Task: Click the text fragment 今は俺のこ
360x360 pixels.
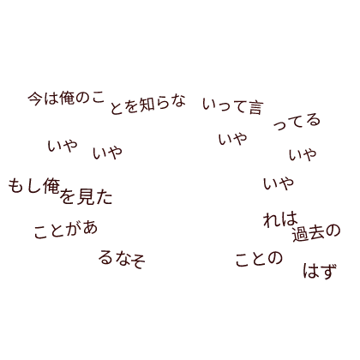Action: [66, 99]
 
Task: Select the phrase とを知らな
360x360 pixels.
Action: [147, 105]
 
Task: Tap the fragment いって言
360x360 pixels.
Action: [232, 106]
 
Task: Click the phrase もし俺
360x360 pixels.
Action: [34, 186]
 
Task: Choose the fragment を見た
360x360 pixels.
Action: [87, 196]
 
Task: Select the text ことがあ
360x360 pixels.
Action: [66, 231]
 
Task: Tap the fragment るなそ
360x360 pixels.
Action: [122, 260]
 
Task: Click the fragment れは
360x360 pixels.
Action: [280, 219]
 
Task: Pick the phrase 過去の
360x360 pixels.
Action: [316, 233]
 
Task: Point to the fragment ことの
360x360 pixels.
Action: [259, 259]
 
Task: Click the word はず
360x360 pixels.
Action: [320, 271]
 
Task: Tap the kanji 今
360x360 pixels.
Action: [35, 99]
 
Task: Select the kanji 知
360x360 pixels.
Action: [147, 105]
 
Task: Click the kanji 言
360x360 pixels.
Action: [255, 108]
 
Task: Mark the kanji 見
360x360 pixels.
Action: [86, 196]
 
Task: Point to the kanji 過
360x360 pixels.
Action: [300, 235]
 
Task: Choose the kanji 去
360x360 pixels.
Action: [316, 233]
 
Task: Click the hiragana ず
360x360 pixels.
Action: [328, 272]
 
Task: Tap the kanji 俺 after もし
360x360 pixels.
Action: [52, 186]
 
